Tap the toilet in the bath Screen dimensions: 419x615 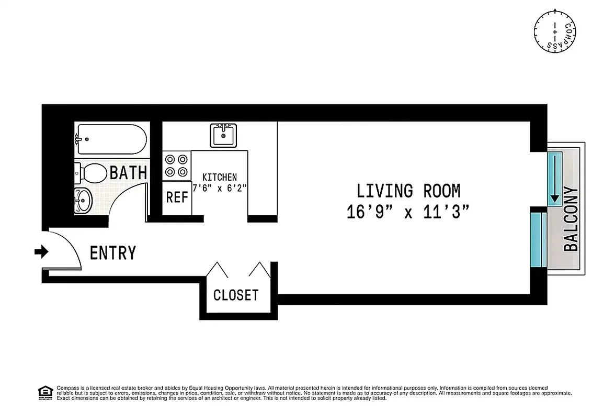(x=91, y=172)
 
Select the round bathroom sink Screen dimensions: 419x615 (x=83, y=200)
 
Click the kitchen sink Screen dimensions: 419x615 (x=223, y=135)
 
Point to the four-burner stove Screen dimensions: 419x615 (x=176, y=165)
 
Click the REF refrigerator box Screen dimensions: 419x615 (x=176, y=197)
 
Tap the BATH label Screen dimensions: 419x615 (x=128, y=172)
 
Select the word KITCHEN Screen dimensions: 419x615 (x=220, y=178)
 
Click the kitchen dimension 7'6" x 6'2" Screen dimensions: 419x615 (x=220, y=188)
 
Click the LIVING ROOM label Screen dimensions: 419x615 (x=408, y=191)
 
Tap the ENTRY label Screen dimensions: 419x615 (x=113, y=253)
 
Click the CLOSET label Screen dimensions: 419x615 (x=236, y=295)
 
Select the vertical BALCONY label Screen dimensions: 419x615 (x=571, y=219)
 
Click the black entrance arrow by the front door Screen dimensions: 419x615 (x=41, y=252)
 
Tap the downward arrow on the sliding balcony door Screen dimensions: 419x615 (x=554, y=178)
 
